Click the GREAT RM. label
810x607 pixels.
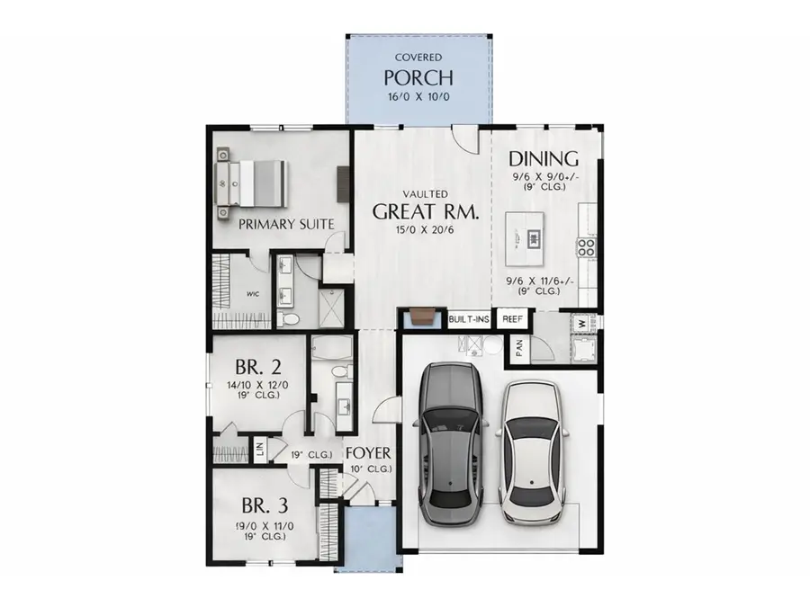(x=425, y=213)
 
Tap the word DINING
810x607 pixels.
(x=544, y=160)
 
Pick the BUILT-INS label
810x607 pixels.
(x=469, y=318)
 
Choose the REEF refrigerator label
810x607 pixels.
(x=513, y=318)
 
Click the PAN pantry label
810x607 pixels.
(x=519, y=350)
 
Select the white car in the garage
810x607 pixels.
(x=535, y=451)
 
